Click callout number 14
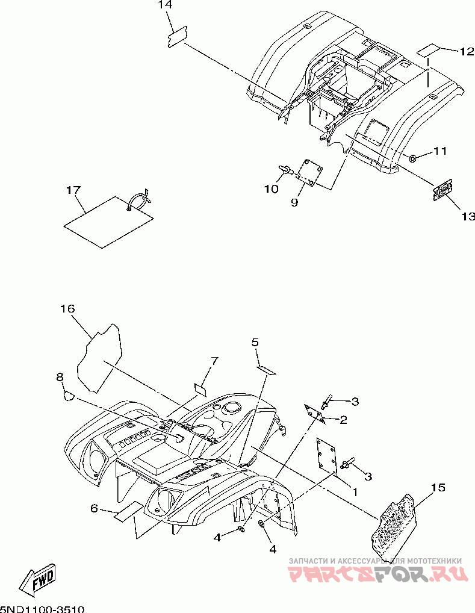click(x=165, y=5)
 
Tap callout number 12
click(x=467, y=52)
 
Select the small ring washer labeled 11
click(x=413, y=158)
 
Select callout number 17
click(x=73, y=190)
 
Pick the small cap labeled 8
click(x=68, y=395)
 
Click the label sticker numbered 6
click(x=129, y=511)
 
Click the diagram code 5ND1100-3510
click(x=42, y=608)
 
